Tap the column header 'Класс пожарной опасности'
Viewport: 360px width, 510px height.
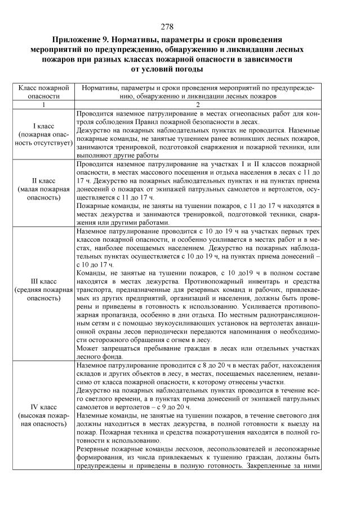tap(44, 92)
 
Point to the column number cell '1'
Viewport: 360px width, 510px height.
tap(44, 105)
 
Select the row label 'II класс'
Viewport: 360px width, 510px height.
tap(44, 181)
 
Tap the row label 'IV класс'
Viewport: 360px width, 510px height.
tap(44, 406)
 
